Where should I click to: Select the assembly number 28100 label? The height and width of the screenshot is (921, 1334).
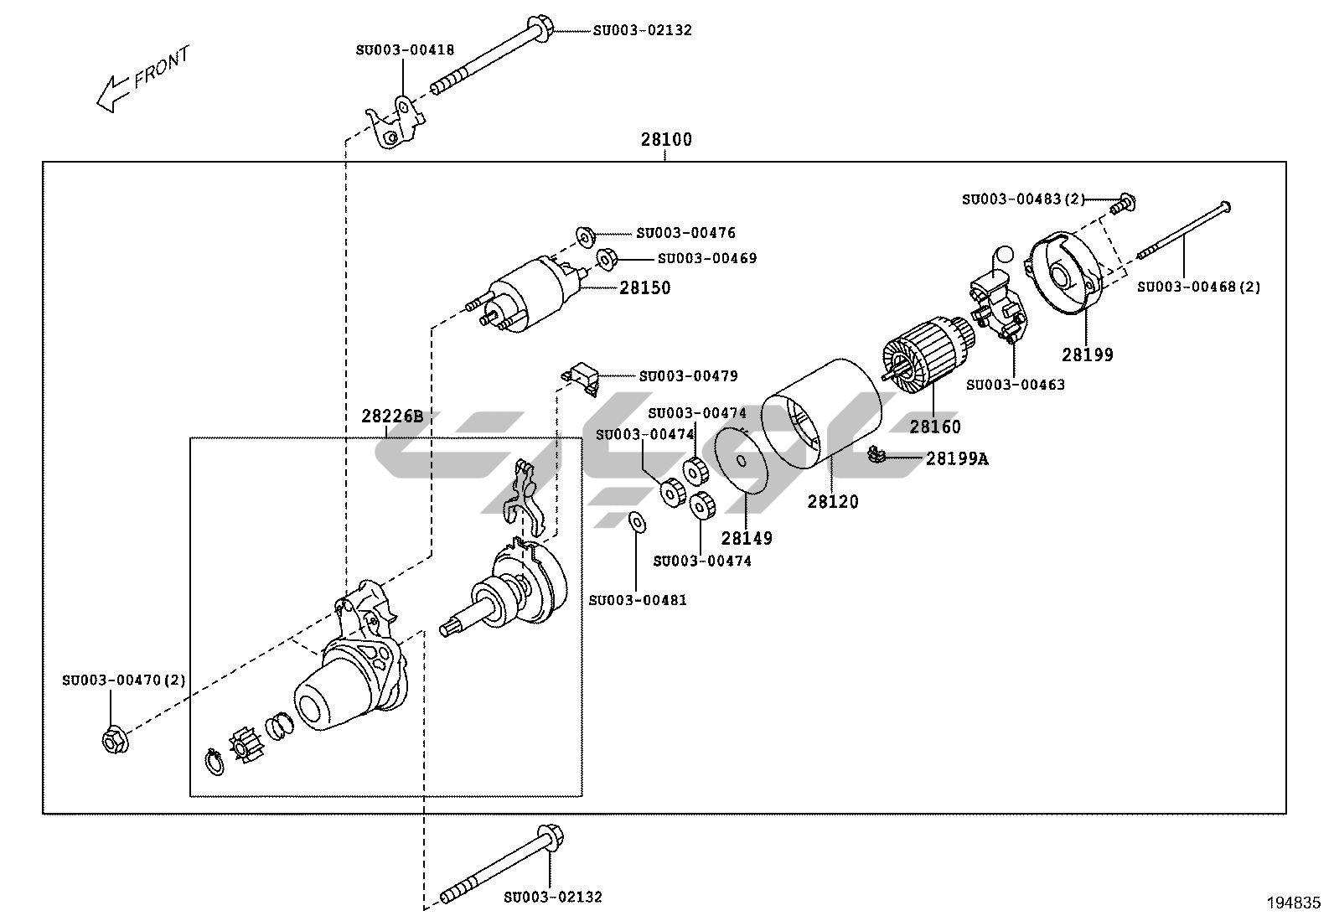pos(666,139)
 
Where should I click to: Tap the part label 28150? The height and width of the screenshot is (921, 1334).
pos(645,287)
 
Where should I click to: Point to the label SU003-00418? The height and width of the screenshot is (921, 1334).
pos(405,49)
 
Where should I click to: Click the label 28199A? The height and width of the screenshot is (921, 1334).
pos(956,458)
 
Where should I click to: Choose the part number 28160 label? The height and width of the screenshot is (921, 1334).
pos(935,427)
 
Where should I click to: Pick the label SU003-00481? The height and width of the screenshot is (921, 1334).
pos(638,600)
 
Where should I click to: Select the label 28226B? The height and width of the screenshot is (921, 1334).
pos(392,416)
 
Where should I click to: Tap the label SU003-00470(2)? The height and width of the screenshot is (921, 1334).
pos(123,680)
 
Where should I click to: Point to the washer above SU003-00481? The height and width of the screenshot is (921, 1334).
pos(636,522)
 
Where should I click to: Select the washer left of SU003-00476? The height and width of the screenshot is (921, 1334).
pos(584,233)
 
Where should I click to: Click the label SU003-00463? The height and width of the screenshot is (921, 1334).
pos(1015,385)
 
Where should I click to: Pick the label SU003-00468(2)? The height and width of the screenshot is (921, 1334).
pos(1197,287)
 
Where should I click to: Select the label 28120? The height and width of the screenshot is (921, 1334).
pos(833,501)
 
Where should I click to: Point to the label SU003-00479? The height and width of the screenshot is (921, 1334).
pos(688,376)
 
